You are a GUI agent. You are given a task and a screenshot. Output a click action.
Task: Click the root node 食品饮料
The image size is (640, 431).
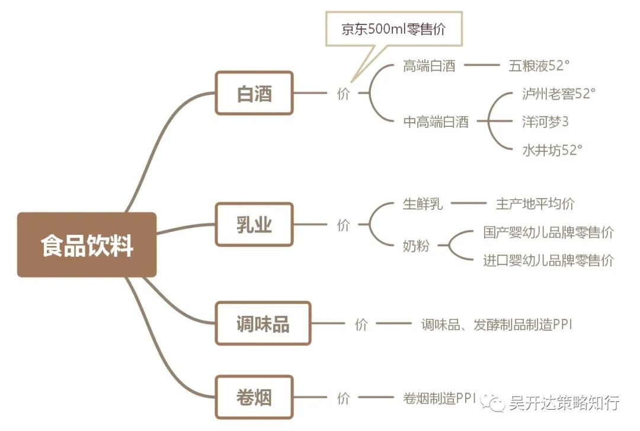coord(87,245)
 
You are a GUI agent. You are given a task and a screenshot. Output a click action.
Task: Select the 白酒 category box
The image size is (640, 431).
coord(254,93)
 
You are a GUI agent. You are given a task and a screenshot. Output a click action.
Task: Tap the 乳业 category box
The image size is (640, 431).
coord(254,225)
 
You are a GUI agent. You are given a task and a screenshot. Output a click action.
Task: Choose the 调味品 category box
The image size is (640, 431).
coord(263,324)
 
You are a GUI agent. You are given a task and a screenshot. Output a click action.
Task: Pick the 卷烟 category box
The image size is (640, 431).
coord(254,397)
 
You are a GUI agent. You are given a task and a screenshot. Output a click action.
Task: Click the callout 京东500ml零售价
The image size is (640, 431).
coord(393,29)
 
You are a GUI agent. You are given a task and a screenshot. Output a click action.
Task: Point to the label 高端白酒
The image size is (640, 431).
coord(429,66)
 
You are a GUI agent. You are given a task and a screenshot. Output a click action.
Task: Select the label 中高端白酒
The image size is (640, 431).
coord(436,122)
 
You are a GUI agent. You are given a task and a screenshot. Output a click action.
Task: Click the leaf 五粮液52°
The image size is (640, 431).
coord(539,66)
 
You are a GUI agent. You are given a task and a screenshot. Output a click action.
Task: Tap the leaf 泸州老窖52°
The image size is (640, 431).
coord(558,94)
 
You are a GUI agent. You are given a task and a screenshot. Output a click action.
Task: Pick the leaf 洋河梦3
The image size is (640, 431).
coord(545,122)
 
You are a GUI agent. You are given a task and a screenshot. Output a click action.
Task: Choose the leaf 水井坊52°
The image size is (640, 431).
coord(552,150)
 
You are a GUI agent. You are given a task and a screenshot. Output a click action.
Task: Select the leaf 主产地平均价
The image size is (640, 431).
coord(535,204)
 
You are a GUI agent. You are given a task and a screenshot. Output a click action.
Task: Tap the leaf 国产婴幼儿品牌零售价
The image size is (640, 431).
coord(548,232)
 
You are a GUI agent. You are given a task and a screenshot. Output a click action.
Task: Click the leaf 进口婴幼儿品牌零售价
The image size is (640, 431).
coord(548,260)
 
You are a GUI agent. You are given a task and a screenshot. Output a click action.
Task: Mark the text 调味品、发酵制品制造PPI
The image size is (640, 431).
coord(497,324)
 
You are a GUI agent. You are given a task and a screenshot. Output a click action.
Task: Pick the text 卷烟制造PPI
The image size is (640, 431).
coord(439,398)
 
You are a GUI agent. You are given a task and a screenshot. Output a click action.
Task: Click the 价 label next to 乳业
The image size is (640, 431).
coord(344,225)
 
